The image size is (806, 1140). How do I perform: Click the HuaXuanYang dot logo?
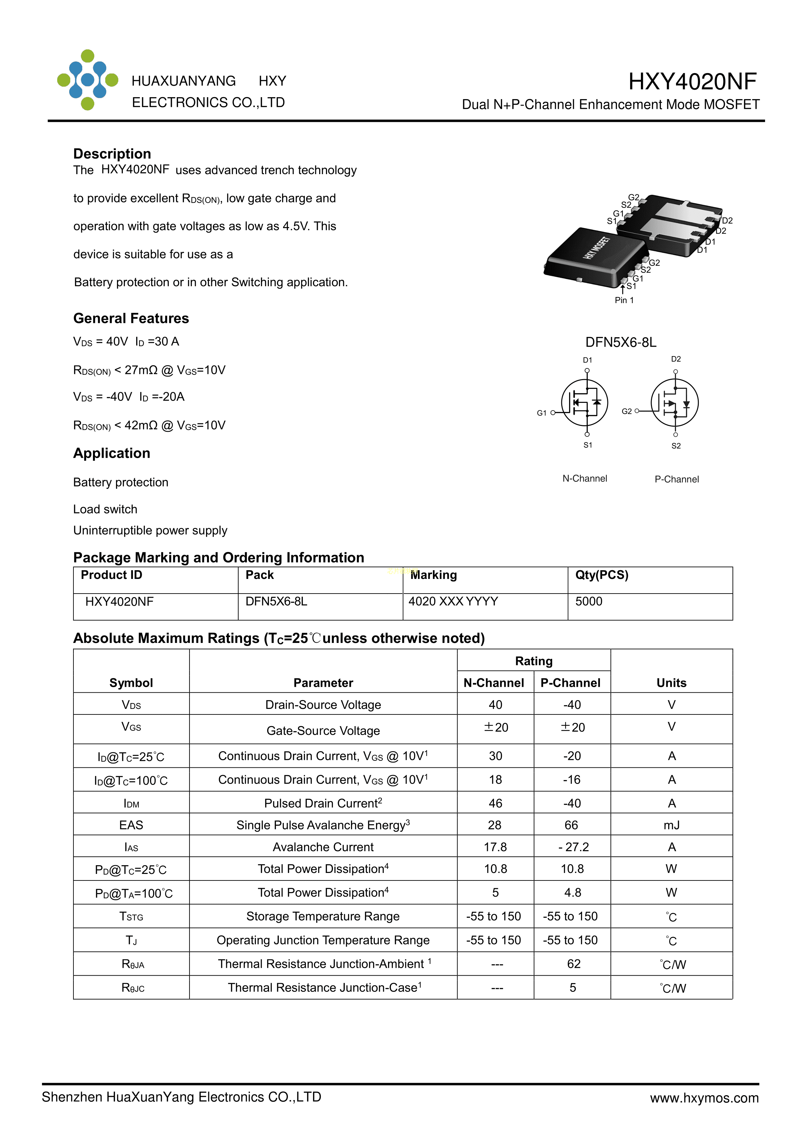(x=87, y=80)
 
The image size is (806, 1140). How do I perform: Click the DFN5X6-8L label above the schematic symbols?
(x=620, y=342)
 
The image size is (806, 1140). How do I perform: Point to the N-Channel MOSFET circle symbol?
(x=584, y=402)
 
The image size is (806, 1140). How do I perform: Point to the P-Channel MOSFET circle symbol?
(x=674, y=402)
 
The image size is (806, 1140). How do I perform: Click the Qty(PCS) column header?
(x=601, y=575)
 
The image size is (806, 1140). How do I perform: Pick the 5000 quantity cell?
(x=589, y=601)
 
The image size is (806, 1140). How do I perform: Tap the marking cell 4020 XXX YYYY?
(x=453, y=601)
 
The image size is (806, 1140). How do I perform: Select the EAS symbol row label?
(x=131, y=825)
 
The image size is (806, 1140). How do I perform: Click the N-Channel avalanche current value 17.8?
(x=495, y=847)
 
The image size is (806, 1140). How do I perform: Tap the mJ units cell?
(x=671, y=825)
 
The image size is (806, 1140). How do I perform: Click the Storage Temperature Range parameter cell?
(x=323, y=916)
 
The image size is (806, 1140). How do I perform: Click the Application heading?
(x=112, y=453)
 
